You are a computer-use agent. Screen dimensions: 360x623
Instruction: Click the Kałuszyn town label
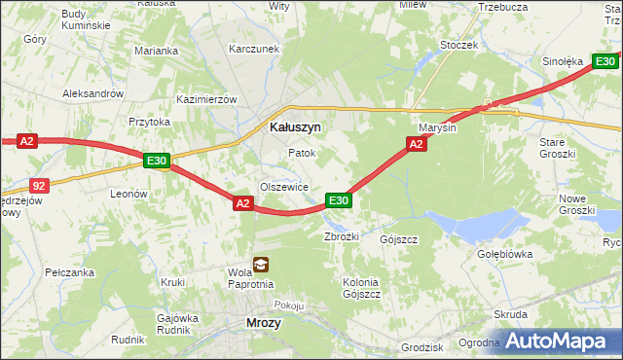(295, 126)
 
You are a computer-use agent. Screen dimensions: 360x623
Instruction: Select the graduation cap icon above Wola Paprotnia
(260, 264)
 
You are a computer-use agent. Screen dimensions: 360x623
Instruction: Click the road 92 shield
(37, 183)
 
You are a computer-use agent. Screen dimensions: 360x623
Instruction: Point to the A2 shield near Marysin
(416, 144)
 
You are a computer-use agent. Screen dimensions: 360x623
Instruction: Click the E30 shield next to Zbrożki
(338, 200)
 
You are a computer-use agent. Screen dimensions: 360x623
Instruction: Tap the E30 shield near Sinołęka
(605, 61)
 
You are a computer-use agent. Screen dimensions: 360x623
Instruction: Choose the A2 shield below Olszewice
(243, 202)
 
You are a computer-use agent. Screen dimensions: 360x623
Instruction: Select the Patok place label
(301, 154)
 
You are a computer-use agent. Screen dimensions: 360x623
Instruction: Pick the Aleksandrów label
(93, 93)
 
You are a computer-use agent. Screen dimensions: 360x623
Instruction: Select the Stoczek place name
(458, 45)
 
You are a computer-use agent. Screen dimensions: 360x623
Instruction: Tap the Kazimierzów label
(206, 99)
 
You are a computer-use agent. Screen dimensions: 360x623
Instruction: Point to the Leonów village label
(128, 194)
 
